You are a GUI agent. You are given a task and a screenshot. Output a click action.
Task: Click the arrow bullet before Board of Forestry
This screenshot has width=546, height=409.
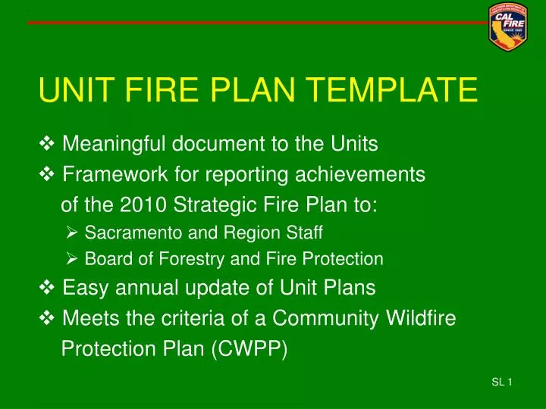(x=74, y=260)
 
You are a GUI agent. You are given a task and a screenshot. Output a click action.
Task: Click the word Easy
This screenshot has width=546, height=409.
(x=84, y=289)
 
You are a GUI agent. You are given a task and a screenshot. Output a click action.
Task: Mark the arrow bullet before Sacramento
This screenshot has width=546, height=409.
(x=74, y=232)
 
